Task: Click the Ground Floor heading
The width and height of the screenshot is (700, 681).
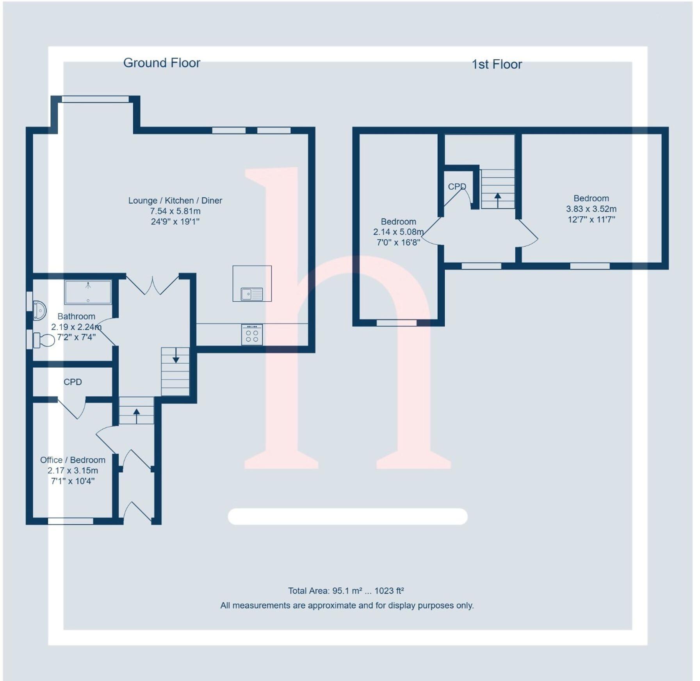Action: pyautogui.click(x=161, y=63)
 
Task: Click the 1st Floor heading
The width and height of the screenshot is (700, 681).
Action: pyautogui.click(x=496, y=64)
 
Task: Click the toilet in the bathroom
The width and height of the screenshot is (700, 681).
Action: pyautogui.click(x=44, y=340)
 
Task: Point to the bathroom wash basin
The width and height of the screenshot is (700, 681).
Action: pyautogui.click(x=39, y=310)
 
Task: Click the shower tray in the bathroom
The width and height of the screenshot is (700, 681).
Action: pyautogui.click(x=88, y=292)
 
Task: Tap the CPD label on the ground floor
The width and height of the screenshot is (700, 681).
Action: pyautogui.click(x=73, y=382)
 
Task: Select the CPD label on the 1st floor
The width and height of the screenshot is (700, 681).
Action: pyautogui.click(x=456, y=187)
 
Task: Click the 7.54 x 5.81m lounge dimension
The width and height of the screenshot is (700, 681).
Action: pyautogui.click(x=175, y=211)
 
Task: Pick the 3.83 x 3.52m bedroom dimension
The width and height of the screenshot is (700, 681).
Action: pyautogui.click(x=591, y=209)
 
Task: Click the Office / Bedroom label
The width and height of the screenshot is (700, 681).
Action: pyautogui.click(x=73, y=460)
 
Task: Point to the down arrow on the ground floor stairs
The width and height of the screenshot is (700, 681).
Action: pyautogui.click(x=176, y=356)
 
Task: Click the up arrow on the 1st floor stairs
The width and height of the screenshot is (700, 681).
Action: pyautogui.click(x=497, y=200)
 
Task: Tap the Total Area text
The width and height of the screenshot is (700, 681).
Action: pyautogui.click(x=346, y=590)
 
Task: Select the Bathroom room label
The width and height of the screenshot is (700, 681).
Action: pyautogui.click(x=76, y=316)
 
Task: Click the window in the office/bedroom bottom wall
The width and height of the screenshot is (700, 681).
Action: pyautogui.click(x=71, y=521)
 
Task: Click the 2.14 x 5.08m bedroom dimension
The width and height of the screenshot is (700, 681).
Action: pyautogui.click(x=398, y=232)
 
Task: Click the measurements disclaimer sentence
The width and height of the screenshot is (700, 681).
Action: pyautogui.click(x=347, y=605)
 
